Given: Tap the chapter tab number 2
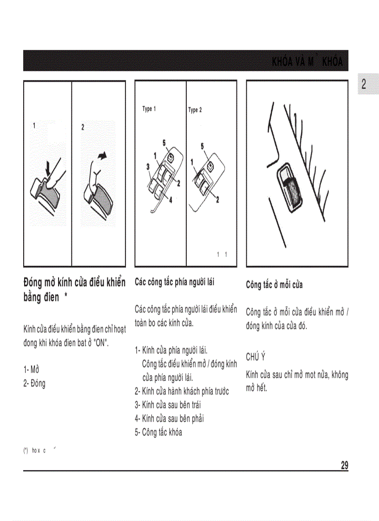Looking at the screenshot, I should [x=364, y=84].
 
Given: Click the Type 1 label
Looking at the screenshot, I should [x=149, y=109].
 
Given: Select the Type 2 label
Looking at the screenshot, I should [x=195, y=110].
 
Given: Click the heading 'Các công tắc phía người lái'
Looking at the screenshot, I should [x=174, y=282].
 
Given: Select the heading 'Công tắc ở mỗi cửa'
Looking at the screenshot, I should [x=274, y=284].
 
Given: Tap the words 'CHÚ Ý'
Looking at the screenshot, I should [x=255, y=356].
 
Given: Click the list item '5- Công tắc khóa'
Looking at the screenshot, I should [x=158, y=432].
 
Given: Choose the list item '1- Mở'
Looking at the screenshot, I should [x=31, y=370].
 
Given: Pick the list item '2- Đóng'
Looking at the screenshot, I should [x=34, y=383].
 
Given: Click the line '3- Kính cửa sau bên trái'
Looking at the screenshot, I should [x=168, y=405].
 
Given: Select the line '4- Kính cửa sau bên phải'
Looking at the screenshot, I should [x=170, y=418].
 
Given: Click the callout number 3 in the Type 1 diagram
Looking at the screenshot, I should [x=148, y=166].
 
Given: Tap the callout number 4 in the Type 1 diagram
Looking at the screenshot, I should [x=170, y=200].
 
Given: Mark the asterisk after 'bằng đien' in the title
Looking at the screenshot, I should [x=67, y=296].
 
